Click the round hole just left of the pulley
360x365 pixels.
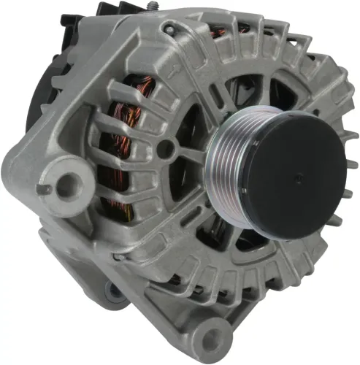coord(166,149)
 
